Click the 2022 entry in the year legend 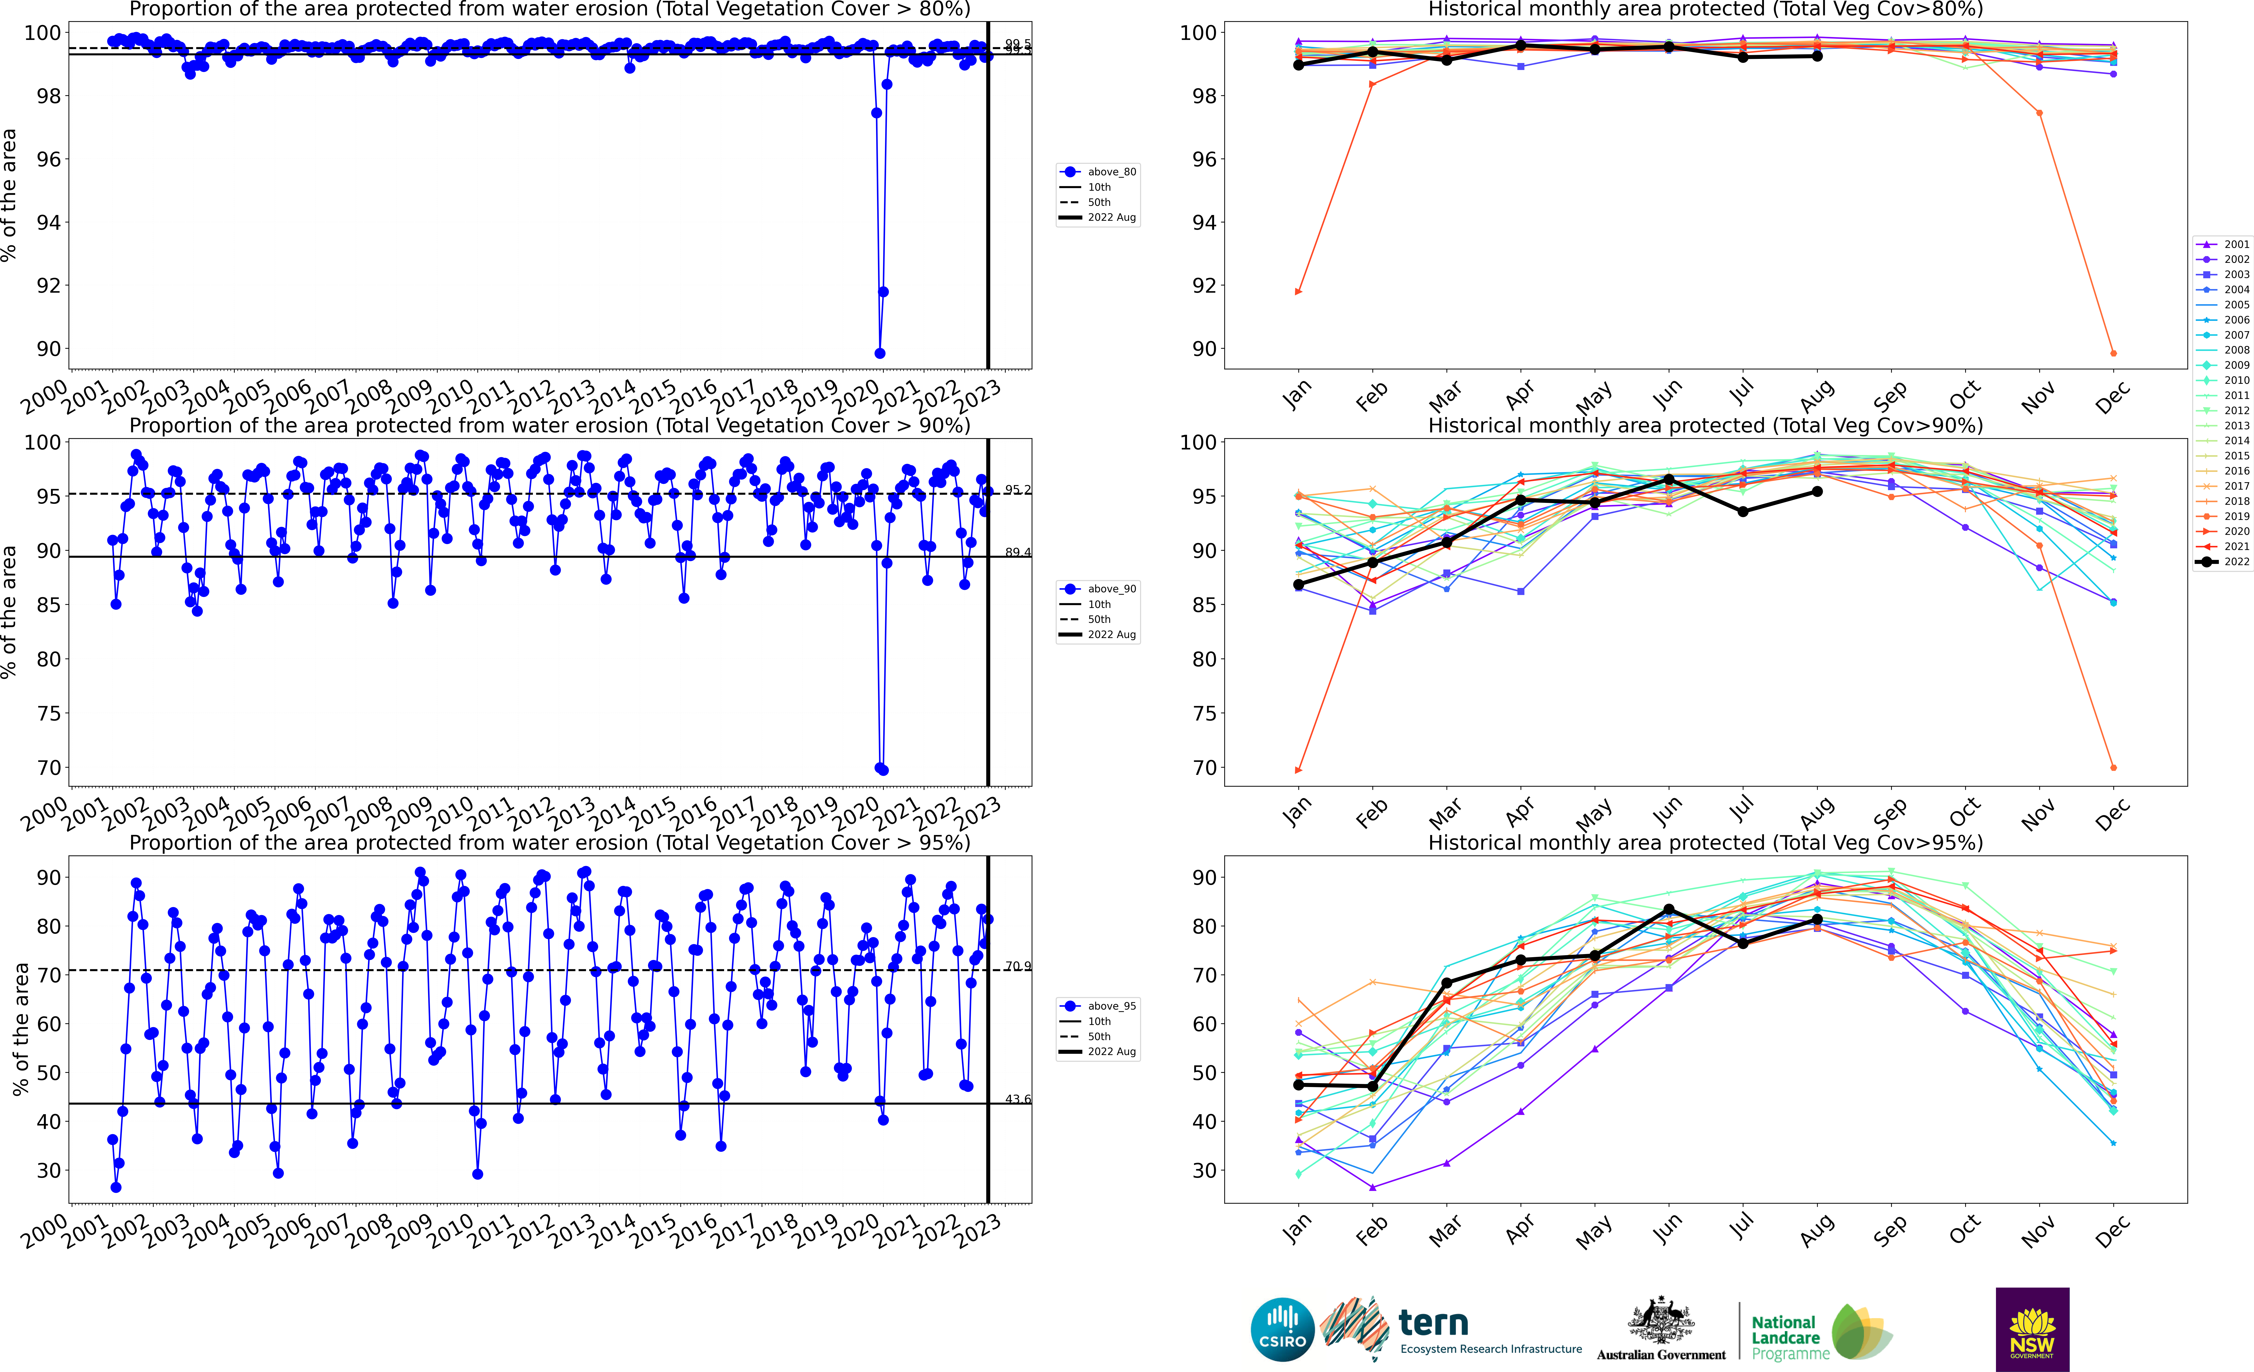[x=2223, y=562]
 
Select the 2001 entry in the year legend [x=2223, y=244]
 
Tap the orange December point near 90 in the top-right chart [x=2113, y=353]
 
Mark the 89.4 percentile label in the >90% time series [x=1017, y=552]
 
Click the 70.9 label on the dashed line [x=1017, y=966]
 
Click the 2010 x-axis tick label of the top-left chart [x=451, y=396]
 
